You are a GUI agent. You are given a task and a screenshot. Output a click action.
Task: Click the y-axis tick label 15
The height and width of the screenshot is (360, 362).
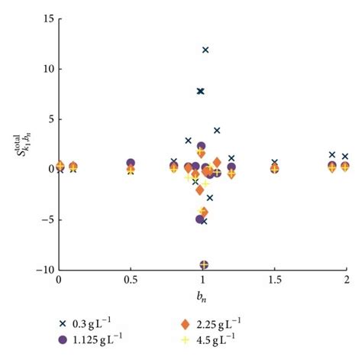47,18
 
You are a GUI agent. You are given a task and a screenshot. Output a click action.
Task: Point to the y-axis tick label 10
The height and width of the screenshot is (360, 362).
47,69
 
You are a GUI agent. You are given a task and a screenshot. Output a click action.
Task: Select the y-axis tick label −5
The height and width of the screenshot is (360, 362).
46,219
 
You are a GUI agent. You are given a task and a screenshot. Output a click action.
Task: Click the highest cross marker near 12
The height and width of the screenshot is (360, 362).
205,50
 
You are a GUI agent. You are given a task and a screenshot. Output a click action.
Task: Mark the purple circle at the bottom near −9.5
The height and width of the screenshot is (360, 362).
204,264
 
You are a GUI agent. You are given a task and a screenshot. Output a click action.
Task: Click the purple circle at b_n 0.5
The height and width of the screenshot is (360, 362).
131,163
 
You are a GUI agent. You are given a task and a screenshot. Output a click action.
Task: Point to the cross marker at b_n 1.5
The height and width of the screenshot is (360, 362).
275,162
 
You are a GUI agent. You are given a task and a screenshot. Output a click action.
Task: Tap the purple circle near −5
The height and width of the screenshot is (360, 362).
200,219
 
